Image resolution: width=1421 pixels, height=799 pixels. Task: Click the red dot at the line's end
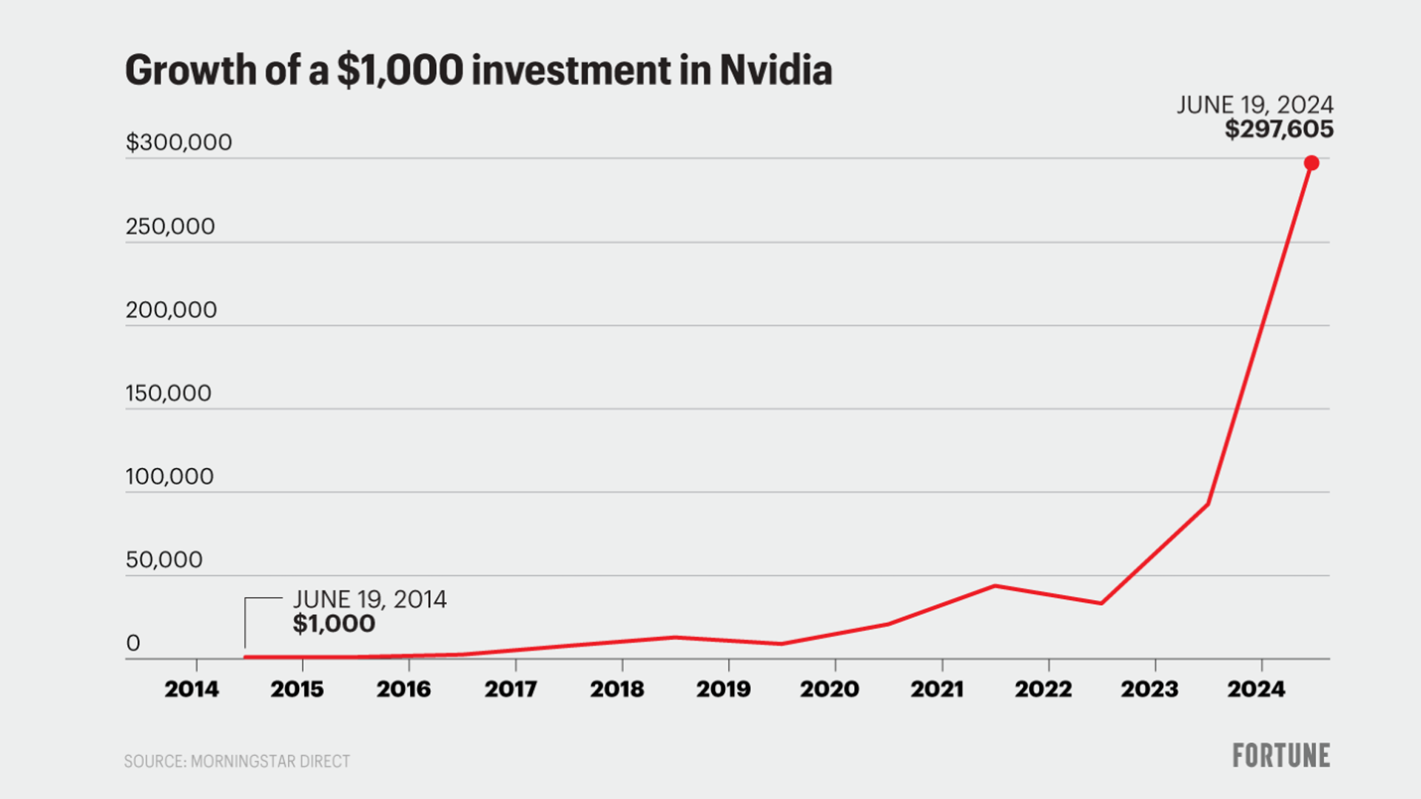1311,163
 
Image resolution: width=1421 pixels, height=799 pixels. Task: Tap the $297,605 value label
1279,129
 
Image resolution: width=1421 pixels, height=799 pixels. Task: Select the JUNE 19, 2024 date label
1255,104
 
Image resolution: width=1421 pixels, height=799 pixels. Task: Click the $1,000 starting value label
334,624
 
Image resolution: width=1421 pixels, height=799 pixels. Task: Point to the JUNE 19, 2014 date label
370,599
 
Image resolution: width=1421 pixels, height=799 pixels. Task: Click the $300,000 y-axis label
178,142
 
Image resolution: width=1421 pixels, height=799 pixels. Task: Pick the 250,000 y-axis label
170,226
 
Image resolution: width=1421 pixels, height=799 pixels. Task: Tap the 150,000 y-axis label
169,393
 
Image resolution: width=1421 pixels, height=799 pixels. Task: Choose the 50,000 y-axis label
164,560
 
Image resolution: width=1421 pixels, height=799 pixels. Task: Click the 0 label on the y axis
133,643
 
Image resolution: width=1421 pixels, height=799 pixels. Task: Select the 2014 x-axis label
192,690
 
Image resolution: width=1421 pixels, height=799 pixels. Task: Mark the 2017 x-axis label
511,690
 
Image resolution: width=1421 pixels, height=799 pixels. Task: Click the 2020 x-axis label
830,690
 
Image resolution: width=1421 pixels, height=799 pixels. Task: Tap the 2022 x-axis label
1043,690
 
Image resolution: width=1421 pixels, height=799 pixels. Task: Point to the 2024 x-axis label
1257,690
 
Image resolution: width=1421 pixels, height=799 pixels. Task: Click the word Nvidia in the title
776,70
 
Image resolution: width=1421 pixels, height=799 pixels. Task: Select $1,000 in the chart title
400,70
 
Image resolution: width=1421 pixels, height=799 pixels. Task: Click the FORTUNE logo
1281,755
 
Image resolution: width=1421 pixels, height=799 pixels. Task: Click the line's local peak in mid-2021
995,586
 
